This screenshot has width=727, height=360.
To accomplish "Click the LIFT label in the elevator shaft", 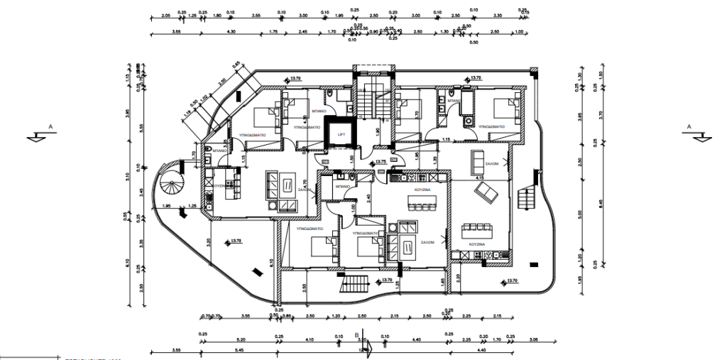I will pos(341,133).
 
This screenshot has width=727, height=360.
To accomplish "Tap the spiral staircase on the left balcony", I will pos(173,188).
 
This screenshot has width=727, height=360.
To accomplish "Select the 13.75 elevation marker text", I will pos(381,162).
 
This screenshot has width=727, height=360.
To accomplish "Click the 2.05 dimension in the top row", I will pos(165,14).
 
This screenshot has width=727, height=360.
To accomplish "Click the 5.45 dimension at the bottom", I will pos(239,351).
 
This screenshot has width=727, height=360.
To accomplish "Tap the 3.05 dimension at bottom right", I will pos(534,341).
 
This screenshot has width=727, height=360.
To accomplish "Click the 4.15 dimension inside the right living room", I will pos(479,178).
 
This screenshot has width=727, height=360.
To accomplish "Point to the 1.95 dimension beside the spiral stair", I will pos(166,206).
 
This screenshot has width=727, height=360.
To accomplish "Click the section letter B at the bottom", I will pos(356,333).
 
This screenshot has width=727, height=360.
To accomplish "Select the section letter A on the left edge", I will pos(49,126).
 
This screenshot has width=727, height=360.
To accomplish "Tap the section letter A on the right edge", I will pos(687,126).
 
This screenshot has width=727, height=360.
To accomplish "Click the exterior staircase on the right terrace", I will pos(527,195).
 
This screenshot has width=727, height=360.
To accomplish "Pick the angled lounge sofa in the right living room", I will pos(486,192).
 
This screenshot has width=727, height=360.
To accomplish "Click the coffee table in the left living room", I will pos(285,186).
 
